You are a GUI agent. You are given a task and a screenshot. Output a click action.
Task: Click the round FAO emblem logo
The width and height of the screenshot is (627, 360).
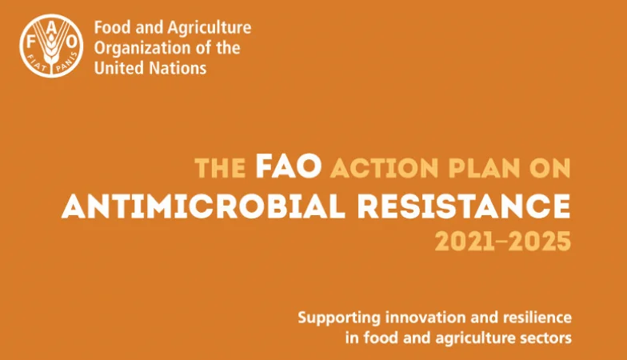(51, 46)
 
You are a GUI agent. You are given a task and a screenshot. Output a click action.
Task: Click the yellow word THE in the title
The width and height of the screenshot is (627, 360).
(220, 168)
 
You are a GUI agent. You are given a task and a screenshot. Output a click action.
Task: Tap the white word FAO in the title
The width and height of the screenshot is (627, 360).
(289, 166)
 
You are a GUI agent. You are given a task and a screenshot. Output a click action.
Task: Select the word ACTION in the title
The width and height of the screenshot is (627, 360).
(384, 168)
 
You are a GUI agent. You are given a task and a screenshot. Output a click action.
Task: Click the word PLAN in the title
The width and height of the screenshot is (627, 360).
(484, 168)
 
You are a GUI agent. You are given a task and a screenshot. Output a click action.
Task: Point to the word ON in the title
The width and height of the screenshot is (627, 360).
(550, 168)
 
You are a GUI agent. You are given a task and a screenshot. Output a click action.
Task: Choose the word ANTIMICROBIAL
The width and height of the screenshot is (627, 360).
(203, 206)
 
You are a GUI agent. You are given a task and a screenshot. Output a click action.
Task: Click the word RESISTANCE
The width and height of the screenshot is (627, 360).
(464, 206)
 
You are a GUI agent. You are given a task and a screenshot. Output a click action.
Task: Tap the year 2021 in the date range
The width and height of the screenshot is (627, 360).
(465, 242)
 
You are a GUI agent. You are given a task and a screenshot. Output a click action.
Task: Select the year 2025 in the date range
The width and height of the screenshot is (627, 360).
(539, 242)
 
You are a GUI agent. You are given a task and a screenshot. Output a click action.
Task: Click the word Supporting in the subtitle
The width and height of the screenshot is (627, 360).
(339, 318)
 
